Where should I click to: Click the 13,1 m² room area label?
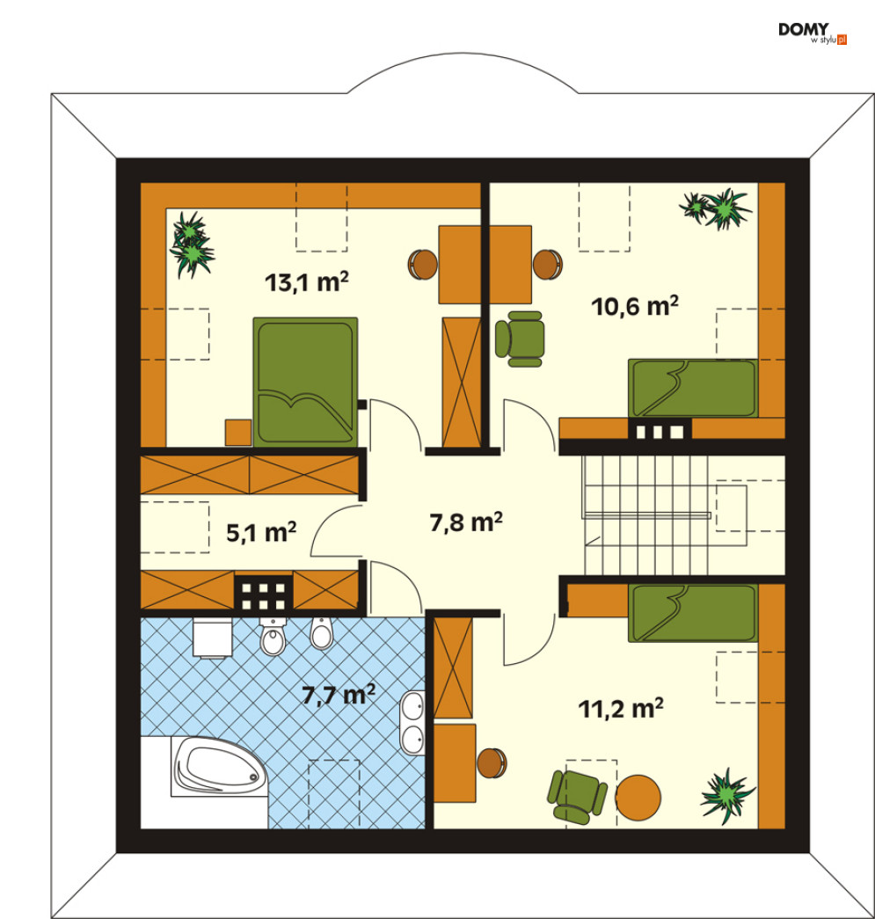point(307,282)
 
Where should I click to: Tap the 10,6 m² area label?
point(635,306)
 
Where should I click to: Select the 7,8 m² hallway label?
point(466,521)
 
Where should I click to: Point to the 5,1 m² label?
point(261,532)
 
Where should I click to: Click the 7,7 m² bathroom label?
point(339,695)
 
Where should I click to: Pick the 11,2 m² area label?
point(621,709)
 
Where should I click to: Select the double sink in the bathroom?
point(412,723)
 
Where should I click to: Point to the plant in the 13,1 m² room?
point(192,244)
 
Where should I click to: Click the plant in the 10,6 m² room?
point(716,208)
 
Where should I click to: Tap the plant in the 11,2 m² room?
point(726,795)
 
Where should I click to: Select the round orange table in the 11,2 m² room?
point(638,798)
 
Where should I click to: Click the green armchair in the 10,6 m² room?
point(521,339)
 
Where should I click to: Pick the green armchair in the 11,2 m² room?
point(575,797)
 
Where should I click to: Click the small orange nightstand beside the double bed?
point(238,433)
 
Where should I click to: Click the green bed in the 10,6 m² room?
point(693,389)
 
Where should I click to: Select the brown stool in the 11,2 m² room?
point(491,763)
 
